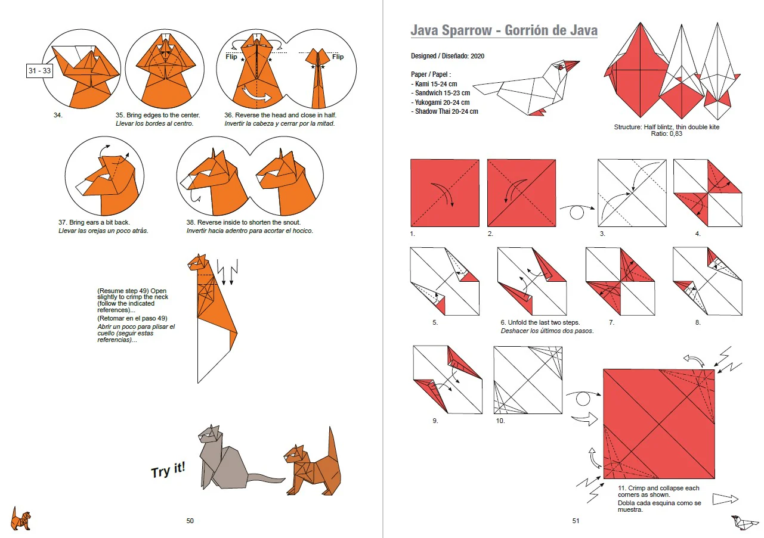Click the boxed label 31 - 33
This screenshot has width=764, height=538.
39,71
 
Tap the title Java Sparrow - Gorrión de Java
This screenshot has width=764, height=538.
504,30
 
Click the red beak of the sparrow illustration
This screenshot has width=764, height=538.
571,65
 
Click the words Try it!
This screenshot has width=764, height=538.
168,470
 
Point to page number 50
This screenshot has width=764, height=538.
190,521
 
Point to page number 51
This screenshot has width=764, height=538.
576,521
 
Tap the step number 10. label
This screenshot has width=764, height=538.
500,421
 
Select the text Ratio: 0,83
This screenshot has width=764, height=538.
666,133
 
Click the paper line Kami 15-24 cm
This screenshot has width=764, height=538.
434,84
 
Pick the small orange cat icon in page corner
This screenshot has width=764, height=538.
21,518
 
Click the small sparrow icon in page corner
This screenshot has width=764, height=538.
744,523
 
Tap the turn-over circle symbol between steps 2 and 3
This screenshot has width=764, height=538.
576,213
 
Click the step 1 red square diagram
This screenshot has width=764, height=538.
445,193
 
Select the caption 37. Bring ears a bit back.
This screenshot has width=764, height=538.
94,222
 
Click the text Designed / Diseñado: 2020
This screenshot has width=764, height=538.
447,56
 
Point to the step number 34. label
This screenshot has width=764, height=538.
58,115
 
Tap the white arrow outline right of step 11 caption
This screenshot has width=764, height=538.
725,499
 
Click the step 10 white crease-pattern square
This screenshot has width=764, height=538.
528,380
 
